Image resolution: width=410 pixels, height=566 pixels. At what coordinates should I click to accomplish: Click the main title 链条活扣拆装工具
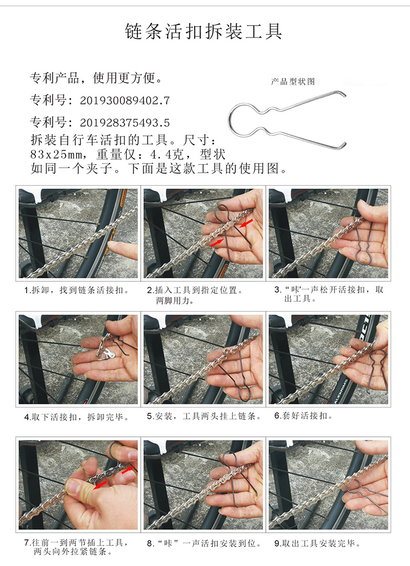pos(204,32)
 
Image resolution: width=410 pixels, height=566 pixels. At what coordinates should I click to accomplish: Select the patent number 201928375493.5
pos(125,123)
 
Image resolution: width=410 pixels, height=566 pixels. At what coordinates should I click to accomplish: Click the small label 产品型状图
pos(293,82)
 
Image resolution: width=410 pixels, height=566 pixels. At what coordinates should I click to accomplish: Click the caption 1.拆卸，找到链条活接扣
pos(76,290)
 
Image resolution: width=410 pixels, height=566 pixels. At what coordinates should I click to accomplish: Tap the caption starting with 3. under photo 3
pos(329,294)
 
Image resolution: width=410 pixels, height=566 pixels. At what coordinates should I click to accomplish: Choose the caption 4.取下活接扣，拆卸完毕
pos(77,417)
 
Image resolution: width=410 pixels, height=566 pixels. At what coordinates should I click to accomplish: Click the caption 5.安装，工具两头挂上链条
pos(204,417)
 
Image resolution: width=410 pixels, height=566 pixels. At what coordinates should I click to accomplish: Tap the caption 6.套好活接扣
pos(303,416)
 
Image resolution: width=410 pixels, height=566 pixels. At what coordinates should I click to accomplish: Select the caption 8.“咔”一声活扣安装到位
pos(204,543)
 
